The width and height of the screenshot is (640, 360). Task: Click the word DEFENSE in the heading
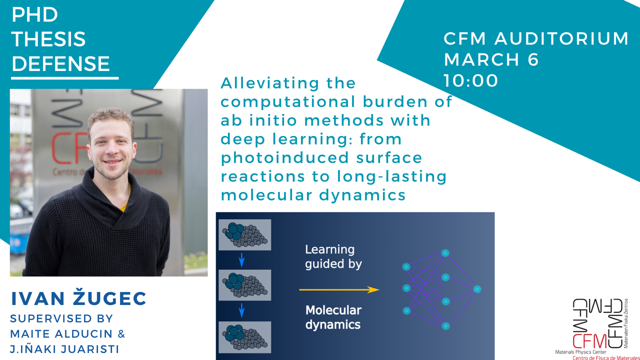point(60,63)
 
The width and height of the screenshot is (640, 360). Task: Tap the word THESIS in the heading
point(48,39)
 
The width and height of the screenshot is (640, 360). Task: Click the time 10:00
point(471,80)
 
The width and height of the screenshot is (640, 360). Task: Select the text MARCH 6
point(491,59)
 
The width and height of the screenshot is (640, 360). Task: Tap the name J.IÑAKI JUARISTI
point(65,349)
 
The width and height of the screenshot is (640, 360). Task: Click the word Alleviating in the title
point(288,83)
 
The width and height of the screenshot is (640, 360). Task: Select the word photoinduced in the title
point(285,157)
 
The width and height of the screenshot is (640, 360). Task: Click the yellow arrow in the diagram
point(338,289)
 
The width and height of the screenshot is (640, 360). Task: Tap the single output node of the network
point(476,289)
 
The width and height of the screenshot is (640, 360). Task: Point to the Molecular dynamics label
point(333,317)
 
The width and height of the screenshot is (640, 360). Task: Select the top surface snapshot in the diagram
point(245,235)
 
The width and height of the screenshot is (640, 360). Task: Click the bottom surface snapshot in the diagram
point(245,336)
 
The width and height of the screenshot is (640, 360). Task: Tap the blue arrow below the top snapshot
point(241,260)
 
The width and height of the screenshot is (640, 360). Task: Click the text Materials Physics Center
point(581,352)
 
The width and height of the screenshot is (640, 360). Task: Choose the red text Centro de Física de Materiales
point(605,357)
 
